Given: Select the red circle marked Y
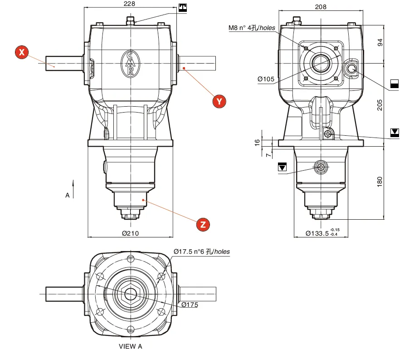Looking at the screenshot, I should coord(220,101).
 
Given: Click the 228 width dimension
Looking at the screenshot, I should coord(130,4).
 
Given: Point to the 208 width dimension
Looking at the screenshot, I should coord(321,7).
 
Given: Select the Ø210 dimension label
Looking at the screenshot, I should coord(130,233).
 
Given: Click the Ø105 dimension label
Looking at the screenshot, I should coord(266,79).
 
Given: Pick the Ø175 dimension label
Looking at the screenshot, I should coord(190,305).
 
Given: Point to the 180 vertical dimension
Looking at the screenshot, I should coord(380,181).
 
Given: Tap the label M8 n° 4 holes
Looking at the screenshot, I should coord(252,28).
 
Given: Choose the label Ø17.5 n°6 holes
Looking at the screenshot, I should coord(202,252).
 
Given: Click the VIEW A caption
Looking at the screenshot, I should coord(130,346).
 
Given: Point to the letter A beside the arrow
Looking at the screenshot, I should coord(67,195).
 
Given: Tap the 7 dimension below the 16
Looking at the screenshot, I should coord(268,155).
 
